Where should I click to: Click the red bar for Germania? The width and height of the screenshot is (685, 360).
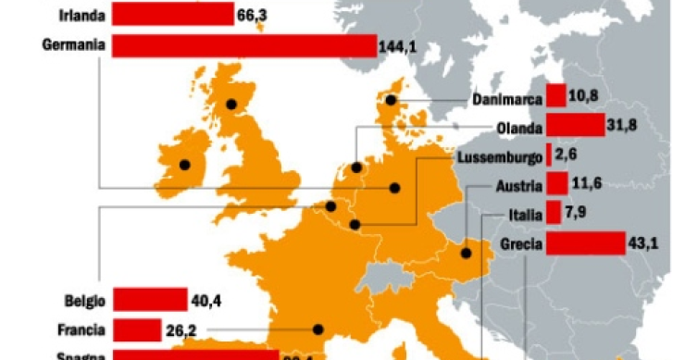point(243,45)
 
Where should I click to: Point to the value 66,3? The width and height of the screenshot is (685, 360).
point(252,15)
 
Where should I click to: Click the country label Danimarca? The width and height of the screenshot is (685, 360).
point(505,99)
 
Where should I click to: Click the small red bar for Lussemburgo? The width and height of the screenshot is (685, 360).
point(549,155)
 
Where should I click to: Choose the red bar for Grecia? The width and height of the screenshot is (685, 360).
point(585,243)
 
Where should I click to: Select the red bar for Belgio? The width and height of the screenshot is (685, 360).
point(150,298)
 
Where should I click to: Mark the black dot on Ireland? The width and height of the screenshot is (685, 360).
point(184,165)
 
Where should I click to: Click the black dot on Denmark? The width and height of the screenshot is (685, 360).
point(392,100)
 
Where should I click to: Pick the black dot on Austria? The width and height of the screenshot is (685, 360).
point(465,253)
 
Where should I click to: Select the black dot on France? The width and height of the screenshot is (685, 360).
point(318,328)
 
